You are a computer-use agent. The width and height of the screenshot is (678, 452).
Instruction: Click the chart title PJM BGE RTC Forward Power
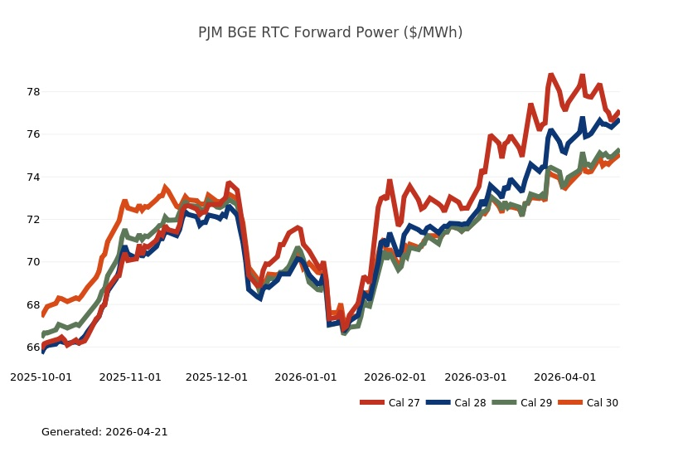tap(330, 32)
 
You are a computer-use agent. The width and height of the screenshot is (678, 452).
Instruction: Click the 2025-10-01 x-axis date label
tap(41, 377)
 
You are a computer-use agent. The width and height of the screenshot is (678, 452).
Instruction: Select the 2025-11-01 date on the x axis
tap(130, 377)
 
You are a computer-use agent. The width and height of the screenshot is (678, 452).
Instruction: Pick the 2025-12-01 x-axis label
tap(216, 377)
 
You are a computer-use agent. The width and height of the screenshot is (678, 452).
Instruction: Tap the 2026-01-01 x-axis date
tap(306, 377)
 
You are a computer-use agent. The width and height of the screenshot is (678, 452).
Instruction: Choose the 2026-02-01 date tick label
tap(395, 377)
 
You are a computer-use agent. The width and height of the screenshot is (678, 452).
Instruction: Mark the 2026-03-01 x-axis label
tap(476, 377)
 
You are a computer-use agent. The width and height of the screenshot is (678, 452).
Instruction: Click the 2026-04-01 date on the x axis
tap(564, 377)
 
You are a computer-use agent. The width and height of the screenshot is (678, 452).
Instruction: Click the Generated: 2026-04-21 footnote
tap(104, 431)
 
